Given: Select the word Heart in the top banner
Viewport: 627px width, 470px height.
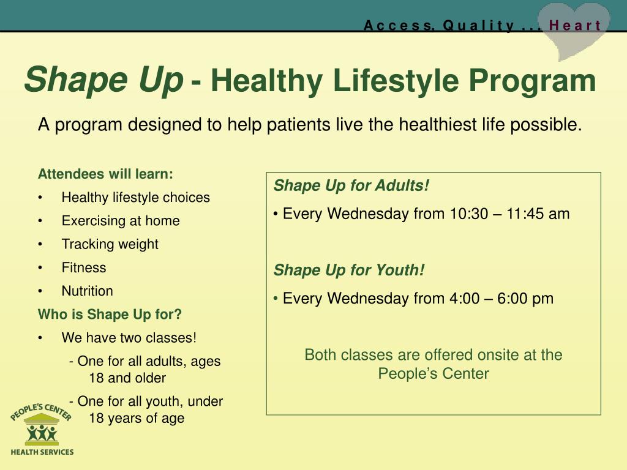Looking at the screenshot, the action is pyautogui.click(x=575, y=26).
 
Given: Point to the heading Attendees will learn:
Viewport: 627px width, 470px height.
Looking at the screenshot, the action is pyautogui.click(x=105, y=174).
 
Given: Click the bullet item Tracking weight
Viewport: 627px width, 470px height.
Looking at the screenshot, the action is pyautogui.click(x=110, y=244).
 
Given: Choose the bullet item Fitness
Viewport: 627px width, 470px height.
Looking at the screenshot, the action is pyautogui.click(x=84, y=267).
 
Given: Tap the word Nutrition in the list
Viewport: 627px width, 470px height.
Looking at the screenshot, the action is pyautogui.click(x=87, y=291).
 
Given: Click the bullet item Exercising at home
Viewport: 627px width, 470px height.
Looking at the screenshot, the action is pyautogui.click(x=121, y=220).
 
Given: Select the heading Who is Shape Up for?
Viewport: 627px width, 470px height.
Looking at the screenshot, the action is pyautogui.click(x=110, y=315).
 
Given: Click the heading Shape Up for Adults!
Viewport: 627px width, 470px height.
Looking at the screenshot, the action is pyautogui.click(x=351, y=186).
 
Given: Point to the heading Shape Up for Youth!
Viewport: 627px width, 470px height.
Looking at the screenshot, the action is pyautogui.click(x=349, y=270).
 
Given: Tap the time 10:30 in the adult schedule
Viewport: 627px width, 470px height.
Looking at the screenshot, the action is pyautogui.click(x=469, y=214).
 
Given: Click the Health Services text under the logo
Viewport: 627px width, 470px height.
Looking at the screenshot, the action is pyautogui.click(x=42, y=452).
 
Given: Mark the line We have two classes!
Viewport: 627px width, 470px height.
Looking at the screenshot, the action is pyautogui.click(x=129, y=338).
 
